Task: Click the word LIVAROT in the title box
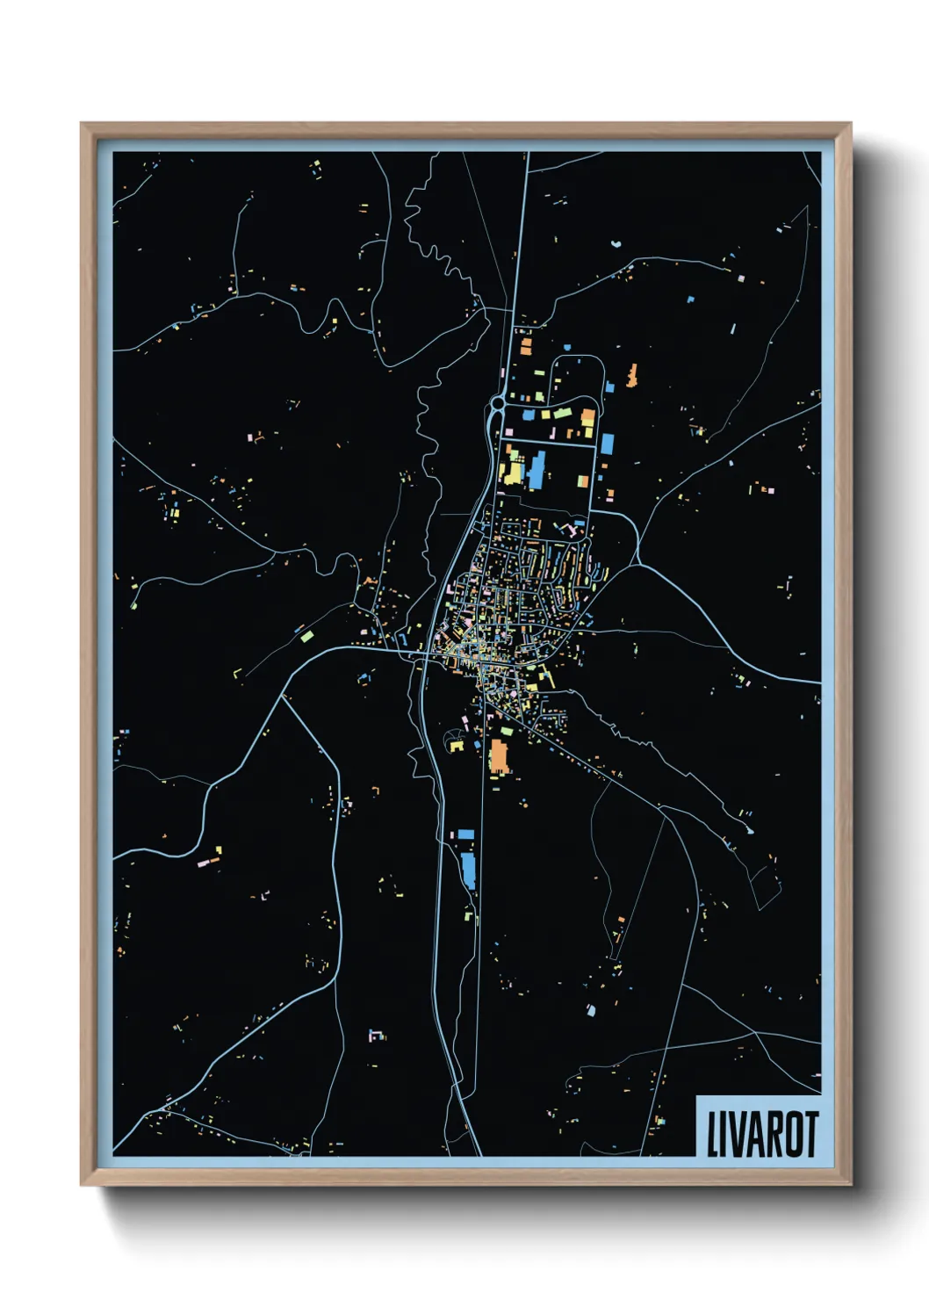761,1134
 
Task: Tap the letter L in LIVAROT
712,1134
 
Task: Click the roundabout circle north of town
498,403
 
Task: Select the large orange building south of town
499,756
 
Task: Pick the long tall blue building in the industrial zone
536,470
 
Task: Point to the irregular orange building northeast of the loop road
631,375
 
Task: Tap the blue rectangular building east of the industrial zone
607,444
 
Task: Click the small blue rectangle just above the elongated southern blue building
465,834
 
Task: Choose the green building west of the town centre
306,634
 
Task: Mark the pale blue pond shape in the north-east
616,242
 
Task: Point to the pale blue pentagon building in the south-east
590,1010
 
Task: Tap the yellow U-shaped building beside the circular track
456,746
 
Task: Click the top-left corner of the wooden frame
82,124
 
